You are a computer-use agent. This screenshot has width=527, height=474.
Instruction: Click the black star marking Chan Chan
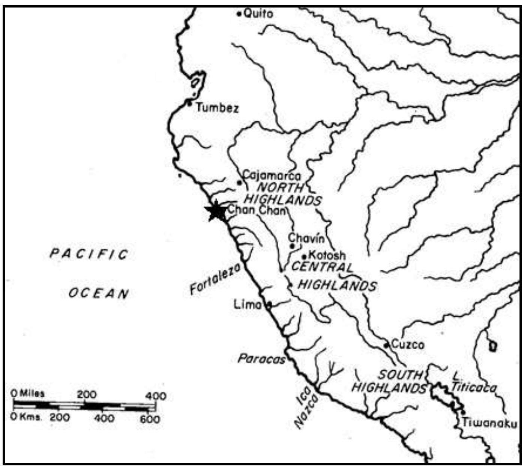(x=216, y=212)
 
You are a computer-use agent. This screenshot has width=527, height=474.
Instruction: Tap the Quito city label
(x=258, y=14)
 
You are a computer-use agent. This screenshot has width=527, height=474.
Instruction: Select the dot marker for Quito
(x=239, y=14)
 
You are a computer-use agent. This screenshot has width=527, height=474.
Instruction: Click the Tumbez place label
(x=217, y=109)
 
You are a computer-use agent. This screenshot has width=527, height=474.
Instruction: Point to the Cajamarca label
(x=272, y=175)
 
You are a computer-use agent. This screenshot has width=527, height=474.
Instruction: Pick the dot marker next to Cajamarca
(x=239, y=183)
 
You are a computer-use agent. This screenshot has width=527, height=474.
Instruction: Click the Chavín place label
(x=305, y=238)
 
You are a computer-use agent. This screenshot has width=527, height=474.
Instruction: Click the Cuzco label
(x=408, y=344)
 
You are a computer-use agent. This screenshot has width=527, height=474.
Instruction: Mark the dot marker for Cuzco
(x=386, y=345)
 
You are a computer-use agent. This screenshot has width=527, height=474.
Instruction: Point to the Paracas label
(x=261, y=359)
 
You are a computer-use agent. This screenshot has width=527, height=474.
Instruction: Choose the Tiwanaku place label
(x=489, y=423)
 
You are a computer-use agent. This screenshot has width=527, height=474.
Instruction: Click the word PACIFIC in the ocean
(x=89, y=254)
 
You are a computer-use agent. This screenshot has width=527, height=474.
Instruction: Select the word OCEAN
(x=99, y=293)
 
